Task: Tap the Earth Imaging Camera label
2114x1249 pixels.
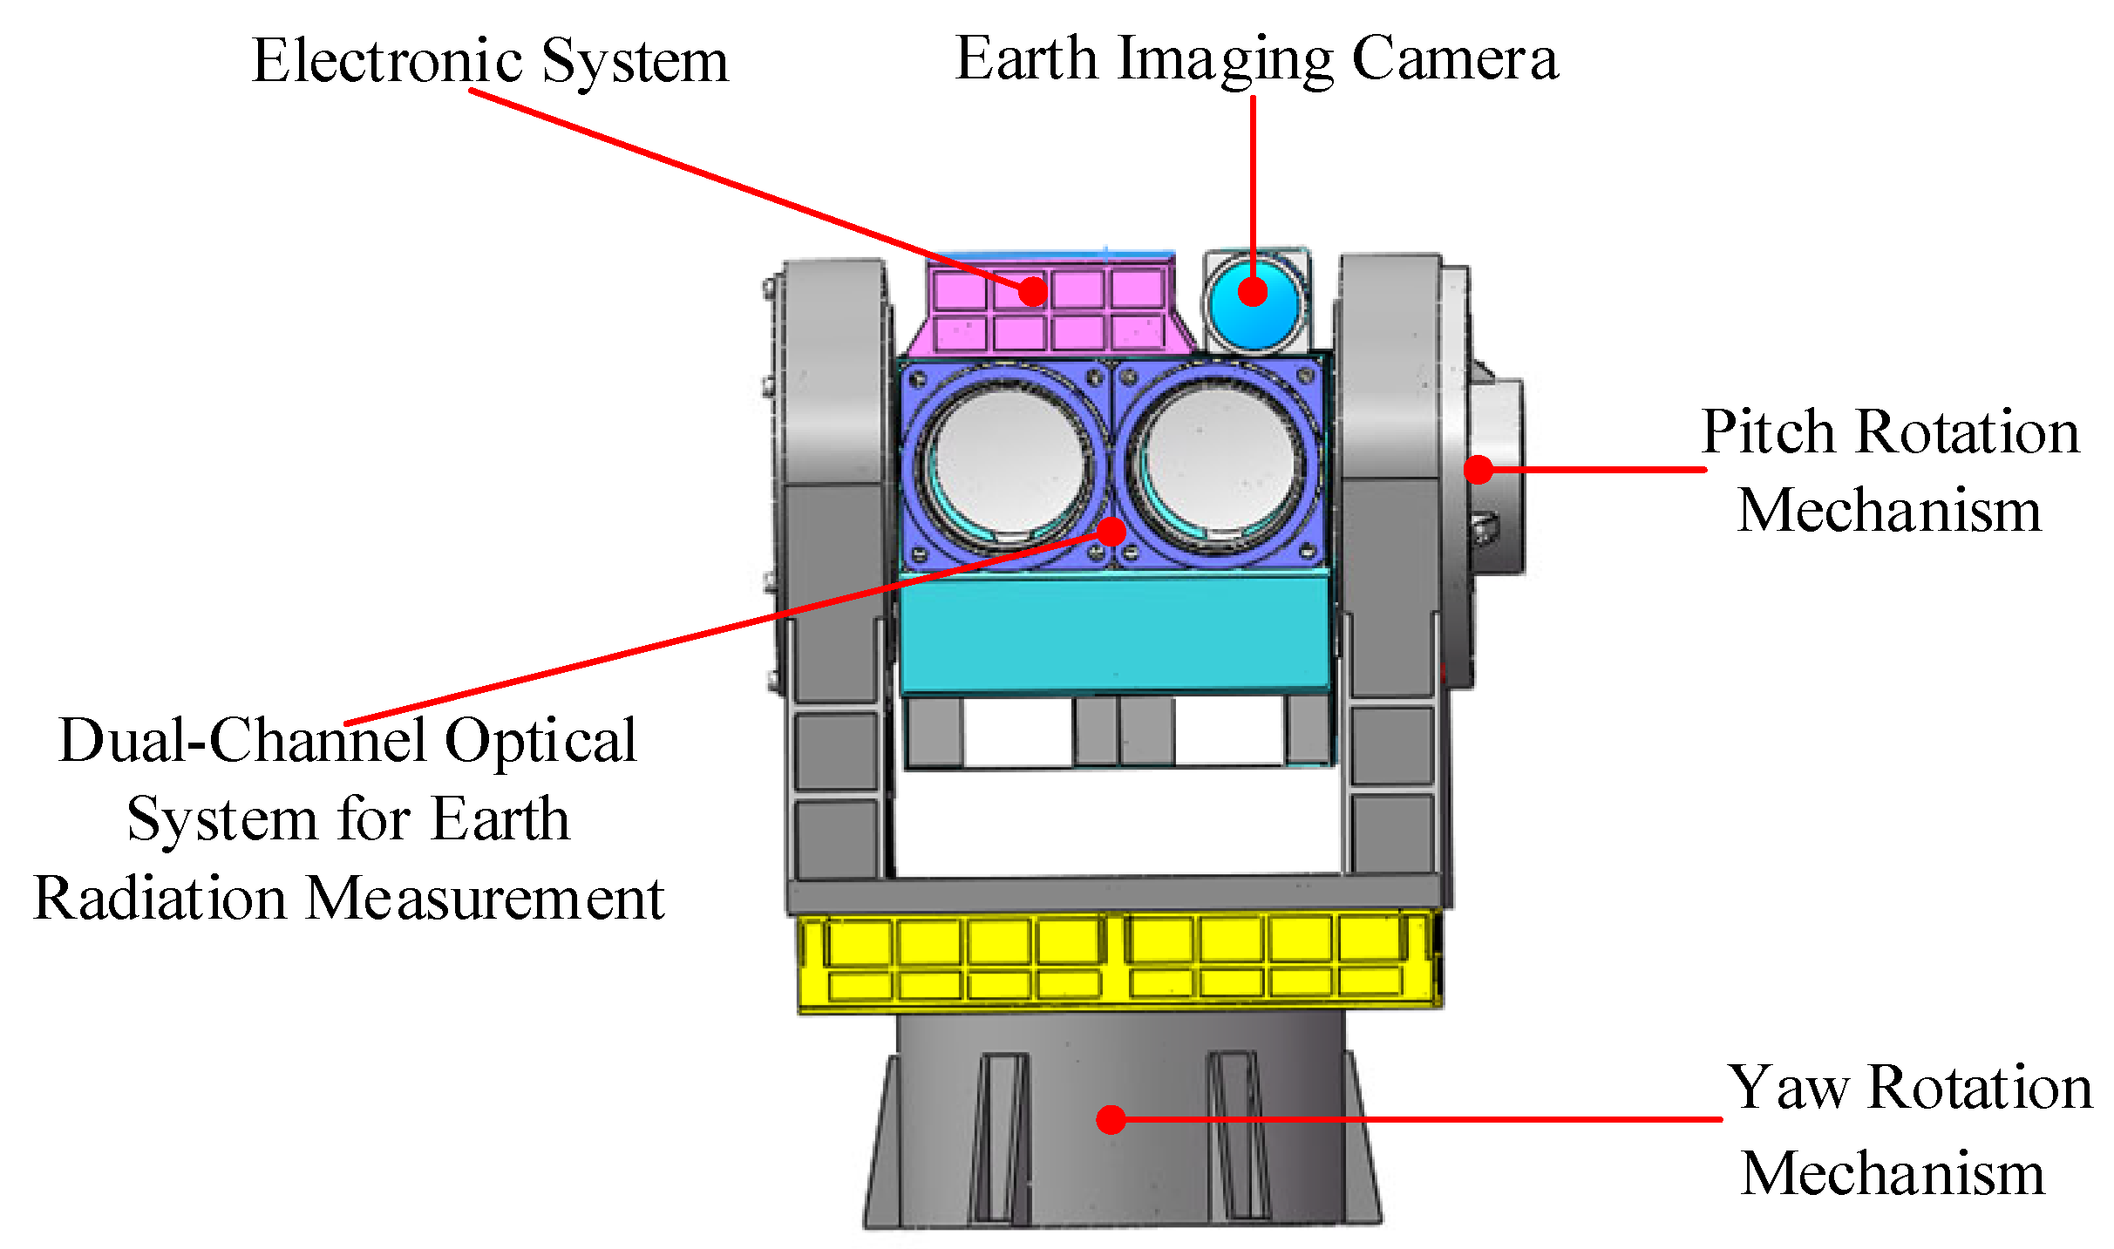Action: [x=1256, y=58]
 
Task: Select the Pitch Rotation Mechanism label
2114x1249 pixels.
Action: [x=1890, y=470]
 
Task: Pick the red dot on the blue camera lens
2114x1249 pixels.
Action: [x=1253, y=291]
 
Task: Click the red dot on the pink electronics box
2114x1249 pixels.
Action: [x=1033, y=290]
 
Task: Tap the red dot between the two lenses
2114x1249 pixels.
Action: [x=1111, y=530]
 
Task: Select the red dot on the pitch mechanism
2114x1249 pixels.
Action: [x=1478, y=469]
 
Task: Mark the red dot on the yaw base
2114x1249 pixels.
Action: [x=1111, y=1119]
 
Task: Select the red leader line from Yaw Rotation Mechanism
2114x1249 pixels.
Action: [x=1421, y=1119]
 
